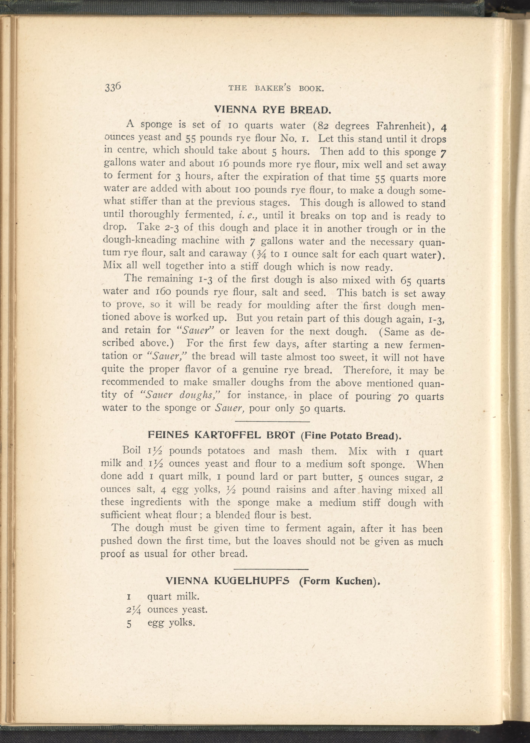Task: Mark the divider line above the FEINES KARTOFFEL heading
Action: coord(272,422)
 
